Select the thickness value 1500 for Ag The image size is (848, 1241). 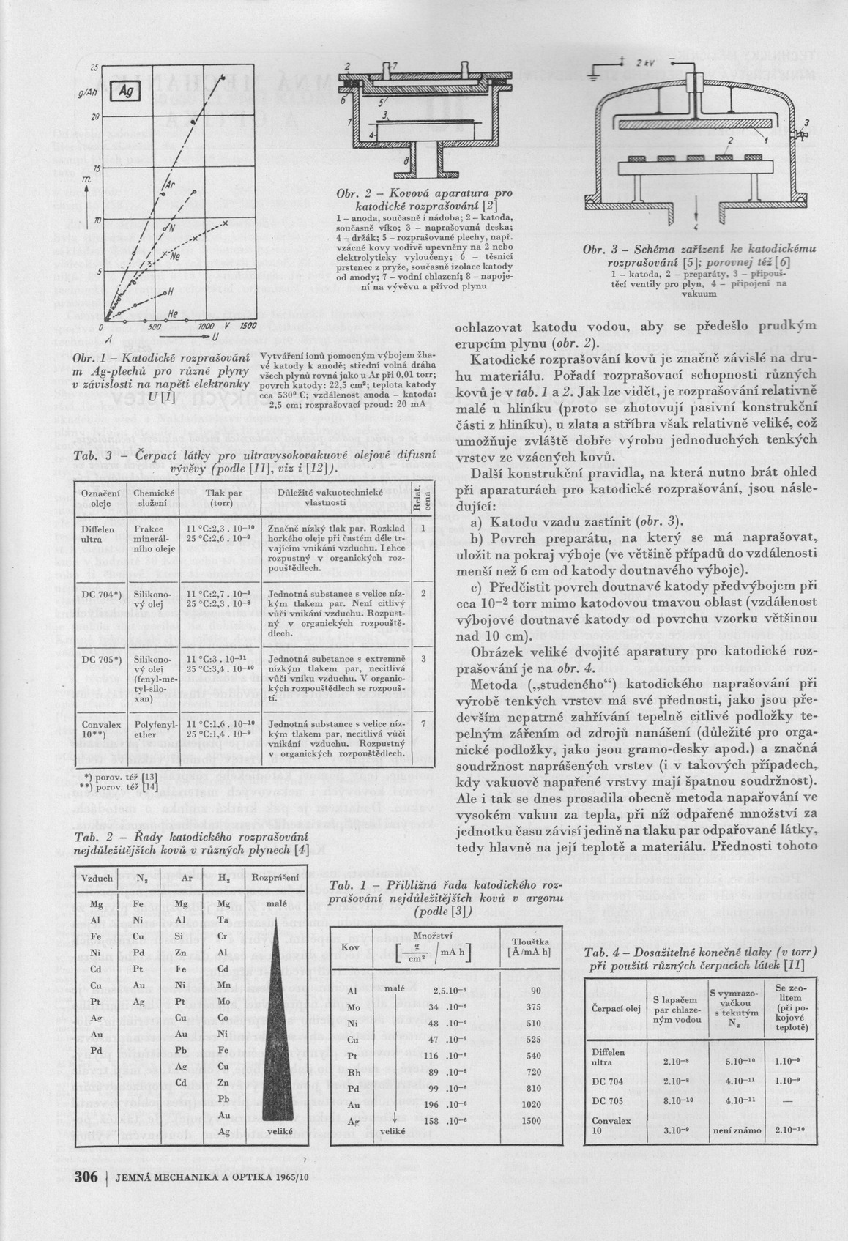coord(532,1120)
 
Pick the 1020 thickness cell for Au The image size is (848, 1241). coord(532,1104)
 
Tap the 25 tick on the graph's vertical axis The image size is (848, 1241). coord(94,68)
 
